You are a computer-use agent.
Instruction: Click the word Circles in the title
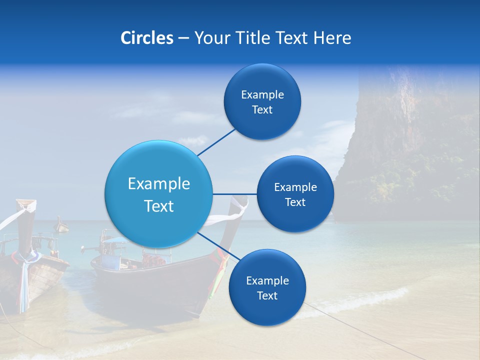click(x=146, y=38)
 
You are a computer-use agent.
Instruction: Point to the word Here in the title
click(x=332, y=38)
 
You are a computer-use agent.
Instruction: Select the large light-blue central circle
click(x=158, y=194)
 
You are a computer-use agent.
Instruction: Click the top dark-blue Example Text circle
click(x=262, y=101)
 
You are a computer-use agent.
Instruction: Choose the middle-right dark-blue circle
click(x=295, y=194)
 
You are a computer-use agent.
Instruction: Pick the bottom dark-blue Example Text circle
click(x=267, y=287)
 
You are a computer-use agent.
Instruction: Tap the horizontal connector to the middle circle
click(x=235, y=194)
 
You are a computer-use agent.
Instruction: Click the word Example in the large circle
click(x=159, y=184)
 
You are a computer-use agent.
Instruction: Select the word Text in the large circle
click(x=159, y=206)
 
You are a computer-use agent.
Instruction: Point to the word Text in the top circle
click(x=262, y=109)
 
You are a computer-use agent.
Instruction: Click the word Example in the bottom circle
click(x=267, y=280)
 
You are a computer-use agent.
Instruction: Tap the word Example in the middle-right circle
click(x=295, y=187)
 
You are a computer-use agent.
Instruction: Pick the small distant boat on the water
click(x=61, y=226)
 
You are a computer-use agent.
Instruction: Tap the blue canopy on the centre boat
click(x=114, y=240)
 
